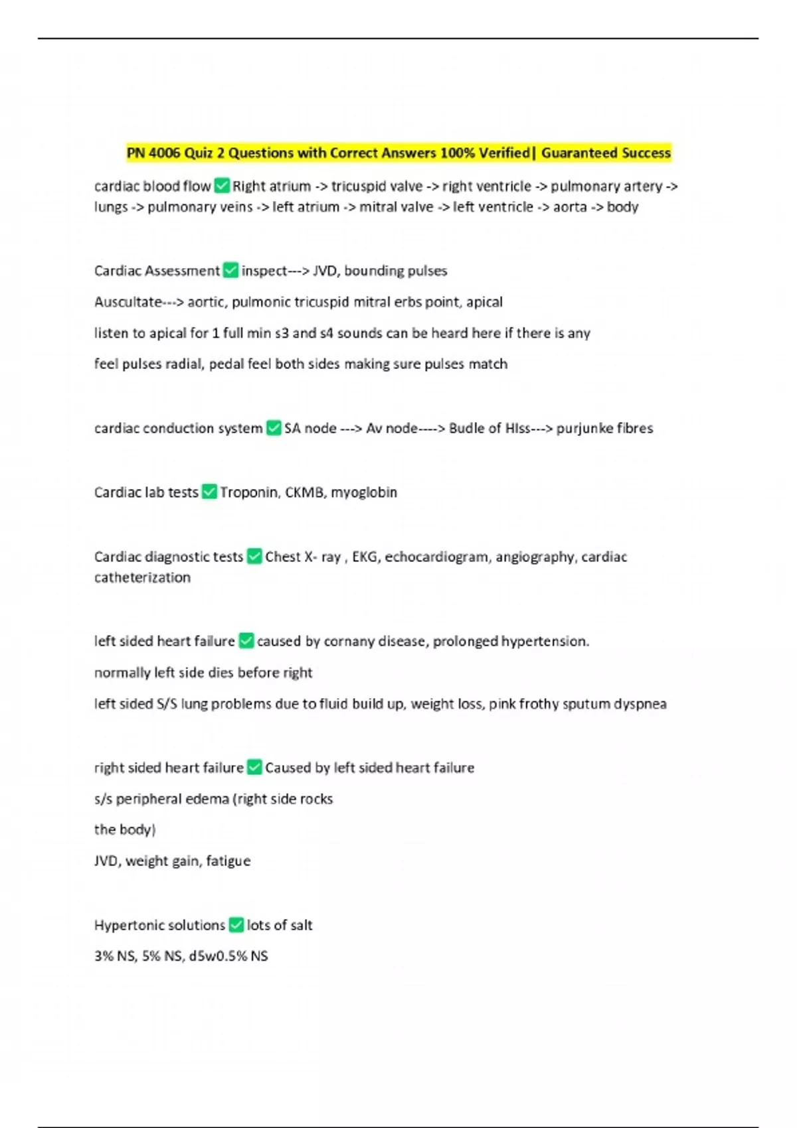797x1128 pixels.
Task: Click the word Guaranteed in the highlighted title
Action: click(x=578, y=153)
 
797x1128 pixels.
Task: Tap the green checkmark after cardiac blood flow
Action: click(x=222, y=186)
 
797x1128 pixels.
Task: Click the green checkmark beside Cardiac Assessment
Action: click(x=230, y=271)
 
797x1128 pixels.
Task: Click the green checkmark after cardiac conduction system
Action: click(x=274, y=428)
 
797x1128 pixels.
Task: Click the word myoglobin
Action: click(x=364, y=492)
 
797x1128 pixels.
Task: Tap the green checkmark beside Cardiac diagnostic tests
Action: click(x=254, y=556)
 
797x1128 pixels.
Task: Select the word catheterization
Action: click(x=142, y=577)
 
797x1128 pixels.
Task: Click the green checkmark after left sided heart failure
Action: click(x=246, y=641)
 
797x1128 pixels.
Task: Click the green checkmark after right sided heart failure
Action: click(x=254, y=767)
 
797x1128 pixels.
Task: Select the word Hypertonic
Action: click(x=127, y=925)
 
